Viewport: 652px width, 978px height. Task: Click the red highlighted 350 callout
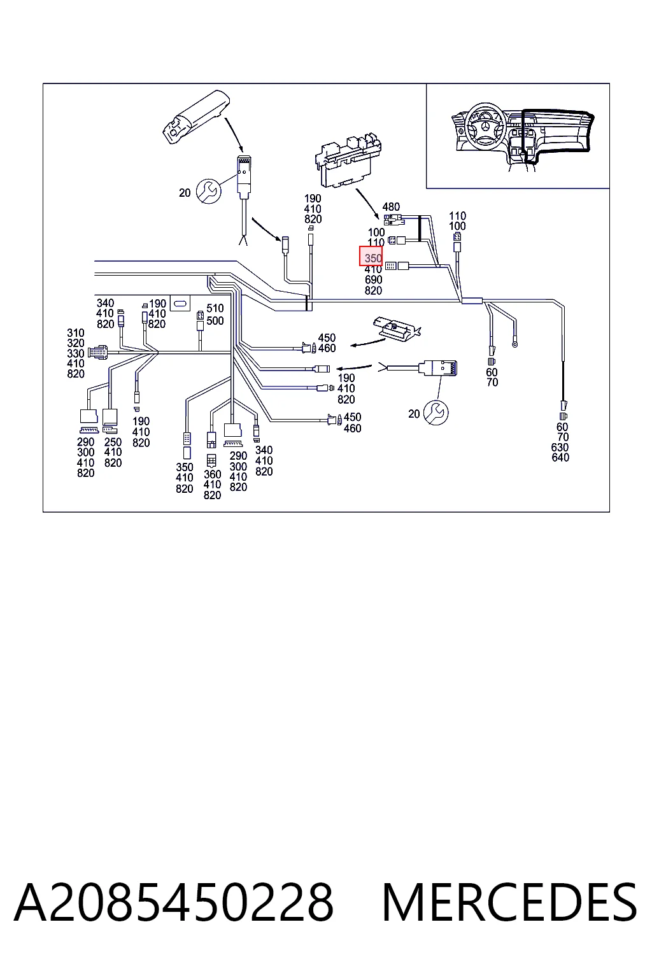[371, 256]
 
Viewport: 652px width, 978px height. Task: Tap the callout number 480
[391, 206]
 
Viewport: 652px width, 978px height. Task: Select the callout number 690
[373, 280]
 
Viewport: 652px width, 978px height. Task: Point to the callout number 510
[215, 309]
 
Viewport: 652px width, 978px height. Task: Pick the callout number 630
[560, 447]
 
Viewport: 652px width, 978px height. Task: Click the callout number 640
[560, 458]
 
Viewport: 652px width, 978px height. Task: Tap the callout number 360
[212, 474]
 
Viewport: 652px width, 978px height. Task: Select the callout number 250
[113, 442]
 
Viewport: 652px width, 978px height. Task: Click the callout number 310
[76, 333]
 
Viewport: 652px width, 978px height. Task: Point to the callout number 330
[76, 353]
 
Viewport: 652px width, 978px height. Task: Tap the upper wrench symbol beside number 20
[209, 191]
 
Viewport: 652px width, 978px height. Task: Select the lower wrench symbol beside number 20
[436, 413]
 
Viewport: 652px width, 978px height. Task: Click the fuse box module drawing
[348, 159]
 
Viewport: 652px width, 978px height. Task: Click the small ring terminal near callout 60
[515, 344]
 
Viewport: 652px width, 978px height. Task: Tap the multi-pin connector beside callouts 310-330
[98, 353]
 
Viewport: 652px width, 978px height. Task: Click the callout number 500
[215, 321]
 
